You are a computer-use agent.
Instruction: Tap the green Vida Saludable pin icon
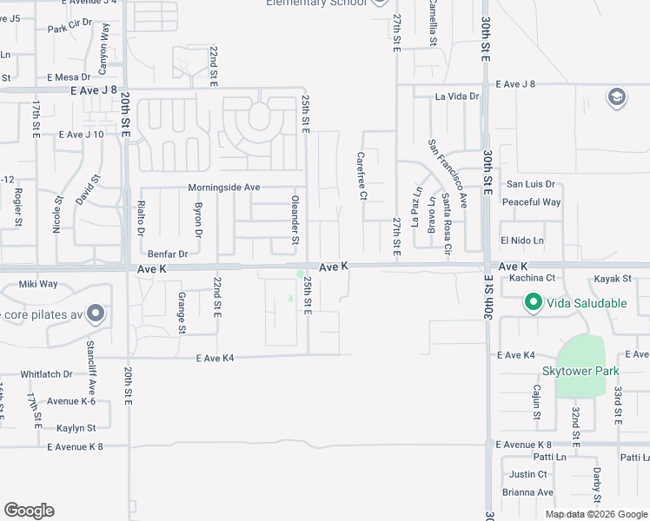(532, 303)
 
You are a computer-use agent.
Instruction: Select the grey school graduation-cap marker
(617, 96)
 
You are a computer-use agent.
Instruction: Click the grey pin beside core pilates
(95, 313)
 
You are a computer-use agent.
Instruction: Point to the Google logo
(29, 511)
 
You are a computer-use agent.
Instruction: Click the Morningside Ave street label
(224, 188)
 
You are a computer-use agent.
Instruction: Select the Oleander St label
(295, 221)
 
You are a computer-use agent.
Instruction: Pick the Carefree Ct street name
(361, 176)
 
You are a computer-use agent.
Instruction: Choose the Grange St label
(182, 313)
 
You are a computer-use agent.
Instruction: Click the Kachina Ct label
(532, 279)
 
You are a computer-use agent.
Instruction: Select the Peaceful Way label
(531, 202)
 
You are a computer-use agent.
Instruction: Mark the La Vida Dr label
(457, 96)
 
